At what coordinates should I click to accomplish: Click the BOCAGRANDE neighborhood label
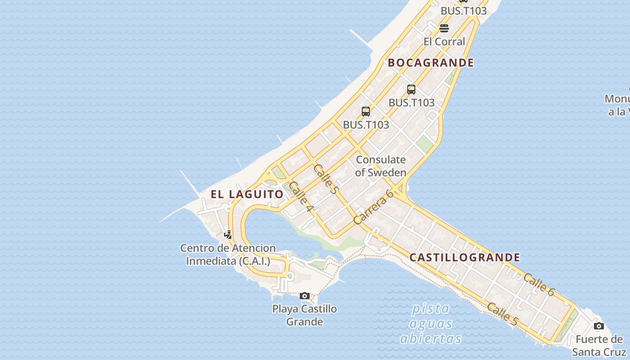(431, 63)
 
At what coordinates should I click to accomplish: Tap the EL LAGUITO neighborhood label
(247, 194)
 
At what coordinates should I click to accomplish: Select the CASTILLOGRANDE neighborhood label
(465, 258)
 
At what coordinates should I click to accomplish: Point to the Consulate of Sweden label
(381, 166)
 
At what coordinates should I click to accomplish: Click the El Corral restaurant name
(444, 41)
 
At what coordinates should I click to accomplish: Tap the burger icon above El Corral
(444, 28)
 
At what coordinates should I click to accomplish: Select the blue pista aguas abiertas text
(431, 324)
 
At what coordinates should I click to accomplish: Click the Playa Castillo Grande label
(305, 315)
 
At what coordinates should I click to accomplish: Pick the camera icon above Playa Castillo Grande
(305, 296)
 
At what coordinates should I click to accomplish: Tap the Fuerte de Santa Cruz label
(598, 345)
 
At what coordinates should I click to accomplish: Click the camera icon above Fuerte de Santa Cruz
(598, 326)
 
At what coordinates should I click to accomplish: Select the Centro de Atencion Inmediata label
(228, 254)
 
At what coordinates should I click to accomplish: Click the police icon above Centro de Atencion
(228, 234)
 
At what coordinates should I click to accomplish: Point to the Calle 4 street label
(301, 197)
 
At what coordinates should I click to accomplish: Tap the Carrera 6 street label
(373, 207)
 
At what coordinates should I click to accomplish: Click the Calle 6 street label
(539, 284)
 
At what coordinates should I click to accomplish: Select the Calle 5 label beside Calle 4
(325, 179)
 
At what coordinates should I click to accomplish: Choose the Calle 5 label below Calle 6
(503, 314)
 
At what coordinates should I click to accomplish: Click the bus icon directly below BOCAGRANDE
(411, 89)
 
